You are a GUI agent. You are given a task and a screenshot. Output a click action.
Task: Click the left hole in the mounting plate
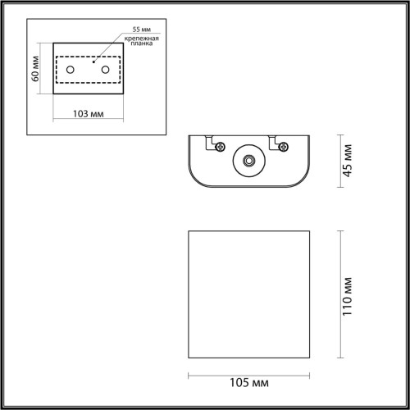coord(71,70)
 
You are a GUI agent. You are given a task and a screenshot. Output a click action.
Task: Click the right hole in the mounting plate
coord(105,70)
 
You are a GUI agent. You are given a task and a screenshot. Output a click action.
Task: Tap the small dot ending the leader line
coord(94,60)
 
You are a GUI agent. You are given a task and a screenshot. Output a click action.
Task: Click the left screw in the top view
coord(220,146)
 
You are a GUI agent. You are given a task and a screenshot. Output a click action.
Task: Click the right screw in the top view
coord(284,146)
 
